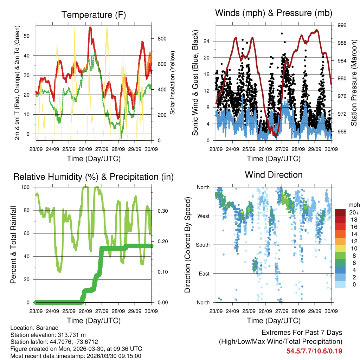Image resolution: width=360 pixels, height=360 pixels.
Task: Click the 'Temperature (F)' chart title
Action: pyautogui.click(x=93, y=15)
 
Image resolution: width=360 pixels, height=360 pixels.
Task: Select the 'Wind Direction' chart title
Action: pyautogui.click(x=274, y=174)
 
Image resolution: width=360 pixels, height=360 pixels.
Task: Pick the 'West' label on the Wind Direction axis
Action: pyautogui.click(x=203, y=216)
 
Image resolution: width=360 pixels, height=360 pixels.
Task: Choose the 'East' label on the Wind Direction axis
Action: pyautogui.click(x=204, y=274)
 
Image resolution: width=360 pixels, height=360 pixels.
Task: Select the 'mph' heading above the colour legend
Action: pyautogui.click(x=353, y=205)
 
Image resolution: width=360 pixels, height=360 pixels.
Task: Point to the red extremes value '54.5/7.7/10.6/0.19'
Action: pyautogui.click(x=314, y=351)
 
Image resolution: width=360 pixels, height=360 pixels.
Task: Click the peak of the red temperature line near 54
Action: pyautogui.click(x=90, y=27)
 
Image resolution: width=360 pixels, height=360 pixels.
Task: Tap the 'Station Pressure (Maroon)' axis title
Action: pyautogui.click(x=354, y=83)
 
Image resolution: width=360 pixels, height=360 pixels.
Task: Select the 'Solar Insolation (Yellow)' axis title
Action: pyautogui.click(x=172, y=83)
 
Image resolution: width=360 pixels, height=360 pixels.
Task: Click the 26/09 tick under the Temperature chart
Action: pyautogui.click(x=85, y=148)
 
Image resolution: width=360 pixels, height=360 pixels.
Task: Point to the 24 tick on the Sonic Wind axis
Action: pyautogui.click(x=207, y=41)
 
